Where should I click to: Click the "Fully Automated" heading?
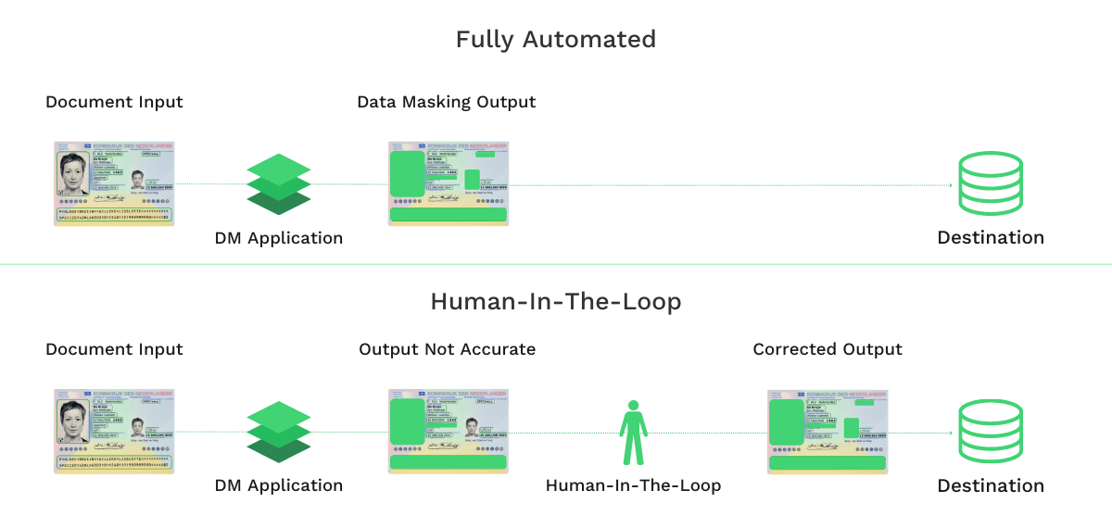[555, 40]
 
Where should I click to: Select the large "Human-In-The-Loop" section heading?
[555, 302]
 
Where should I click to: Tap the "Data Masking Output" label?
[446, 102]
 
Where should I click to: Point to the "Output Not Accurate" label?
[447, 349]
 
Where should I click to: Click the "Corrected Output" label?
[828, 349]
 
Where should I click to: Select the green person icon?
[633, 433]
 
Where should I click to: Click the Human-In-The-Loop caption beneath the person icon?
[633, 485]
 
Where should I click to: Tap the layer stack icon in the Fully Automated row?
[279, 184]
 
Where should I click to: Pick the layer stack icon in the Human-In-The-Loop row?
[279, 432]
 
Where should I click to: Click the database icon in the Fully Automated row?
[991, 183]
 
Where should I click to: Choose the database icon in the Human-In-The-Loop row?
[991, 432]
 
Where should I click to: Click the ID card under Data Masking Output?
[448, 183]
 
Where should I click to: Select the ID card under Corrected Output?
[828, 432]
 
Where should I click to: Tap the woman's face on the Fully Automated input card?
[73, 173]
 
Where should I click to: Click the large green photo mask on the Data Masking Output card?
[407, 175]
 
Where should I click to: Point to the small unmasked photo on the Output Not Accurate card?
[473, 426]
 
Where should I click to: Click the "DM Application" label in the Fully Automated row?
[279, 238]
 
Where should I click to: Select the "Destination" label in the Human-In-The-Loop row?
[991, 485]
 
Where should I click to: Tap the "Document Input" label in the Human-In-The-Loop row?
[114, 349]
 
